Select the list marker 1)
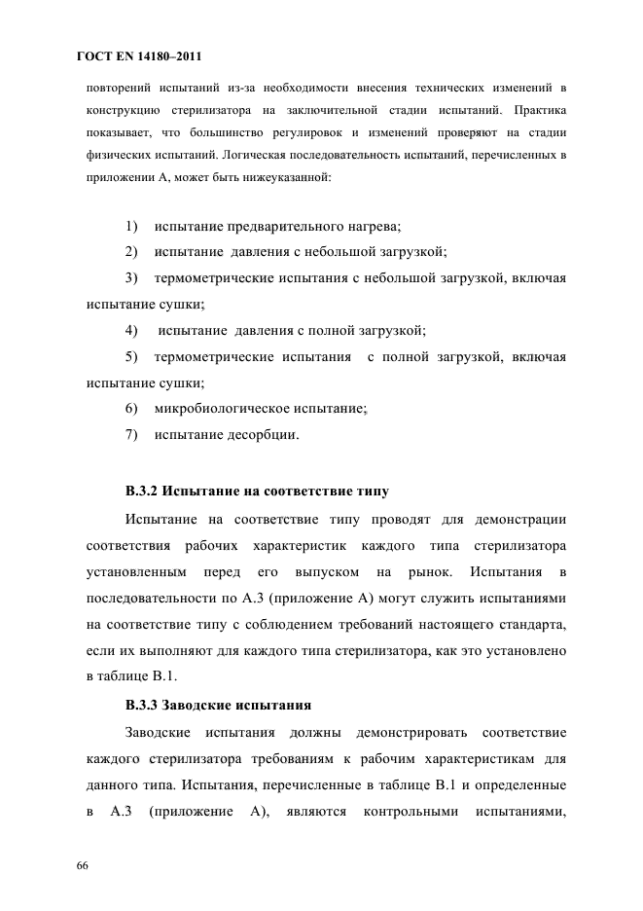(132, 228)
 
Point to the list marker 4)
(132, 329)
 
